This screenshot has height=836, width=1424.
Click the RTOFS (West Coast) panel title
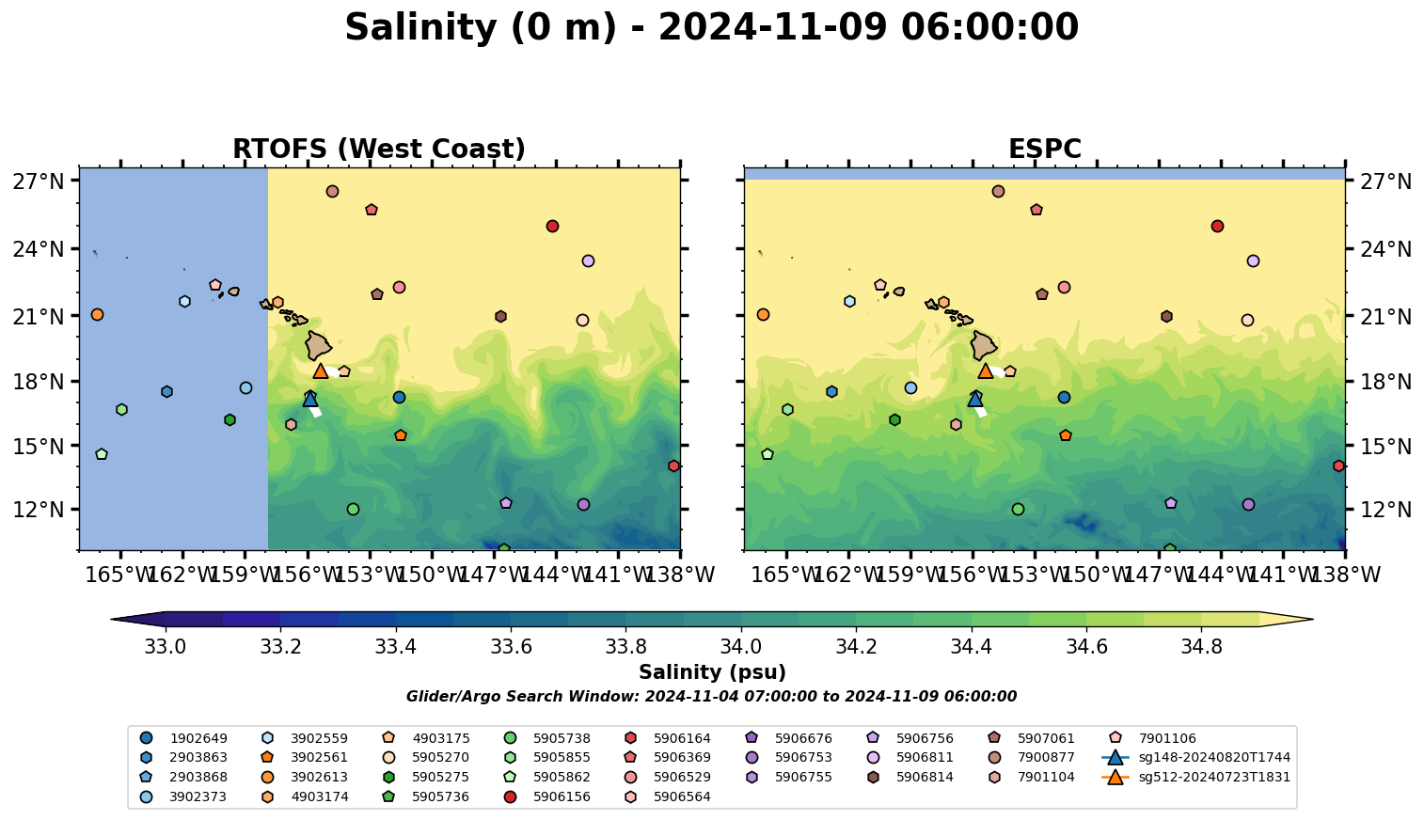[x=379, y=150]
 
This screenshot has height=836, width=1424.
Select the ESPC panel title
[x=1044, y=150]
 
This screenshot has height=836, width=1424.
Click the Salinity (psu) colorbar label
[x=712, y=672]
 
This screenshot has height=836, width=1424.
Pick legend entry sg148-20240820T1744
[x=1195, y=758]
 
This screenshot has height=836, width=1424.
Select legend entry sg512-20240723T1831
[x=1195, y=778]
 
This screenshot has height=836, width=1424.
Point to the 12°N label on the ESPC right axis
[x=1383, y=510]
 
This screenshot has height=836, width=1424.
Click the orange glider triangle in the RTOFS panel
[x=321, y=371]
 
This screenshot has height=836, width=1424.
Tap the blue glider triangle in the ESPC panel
[x=975, y=400]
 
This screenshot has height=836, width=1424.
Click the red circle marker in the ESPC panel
[x=1217, y=227]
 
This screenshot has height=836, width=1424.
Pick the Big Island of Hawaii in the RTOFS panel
[x=318, y=345]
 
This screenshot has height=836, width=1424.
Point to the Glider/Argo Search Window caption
[x=711, y=697]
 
